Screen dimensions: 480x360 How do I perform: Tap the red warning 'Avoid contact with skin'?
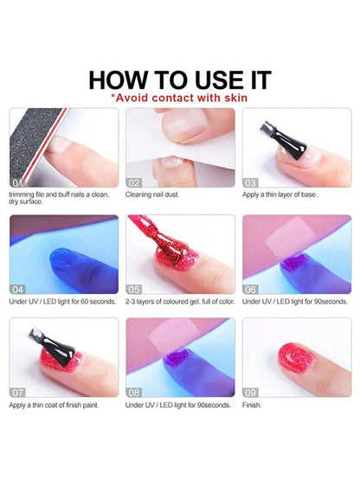(179, 99)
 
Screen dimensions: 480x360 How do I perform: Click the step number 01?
(17, 182)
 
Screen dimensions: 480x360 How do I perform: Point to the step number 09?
(251, 392)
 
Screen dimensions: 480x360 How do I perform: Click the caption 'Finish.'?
(253, 404)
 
